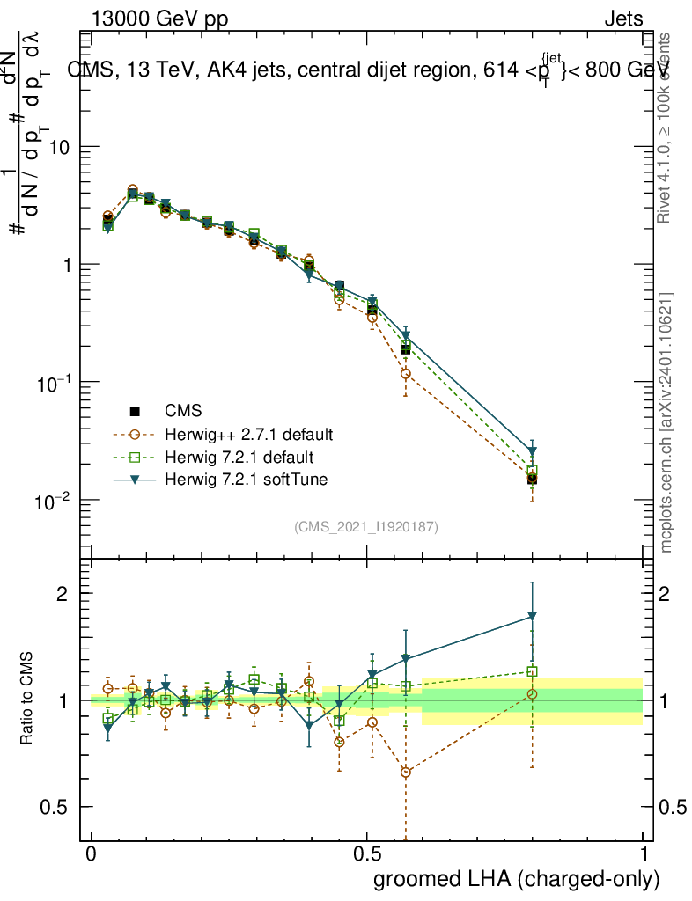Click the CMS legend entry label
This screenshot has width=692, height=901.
[x=183, y=410]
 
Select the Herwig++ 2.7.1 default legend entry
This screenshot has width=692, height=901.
[x=248, y=434]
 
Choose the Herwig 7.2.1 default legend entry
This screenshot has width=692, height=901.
[x=239, y=457]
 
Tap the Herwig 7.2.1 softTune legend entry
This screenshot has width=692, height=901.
[x=243, y=480]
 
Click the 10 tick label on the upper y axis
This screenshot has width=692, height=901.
[x=58, y=148]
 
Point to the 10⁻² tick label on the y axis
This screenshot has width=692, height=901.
[x=52, y=502]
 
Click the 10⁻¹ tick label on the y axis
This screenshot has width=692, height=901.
[x=52, y=385]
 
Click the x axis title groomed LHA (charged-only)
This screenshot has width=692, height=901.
[x=518, y=879]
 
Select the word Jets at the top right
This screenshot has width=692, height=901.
[x=623, y=19]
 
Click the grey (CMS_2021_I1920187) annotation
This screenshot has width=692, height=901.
[x=366, y=526]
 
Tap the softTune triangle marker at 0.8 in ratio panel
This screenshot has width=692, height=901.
[x=532, y=616]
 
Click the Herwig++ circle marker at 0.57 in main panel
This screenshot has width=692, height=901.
[x=405, y=374]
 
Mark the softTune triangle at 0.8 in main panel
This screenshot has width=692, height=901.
[x=532, y=452]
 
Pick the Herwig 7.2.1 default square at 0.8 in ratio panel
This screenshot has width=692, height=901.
[x=532, y=671]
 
